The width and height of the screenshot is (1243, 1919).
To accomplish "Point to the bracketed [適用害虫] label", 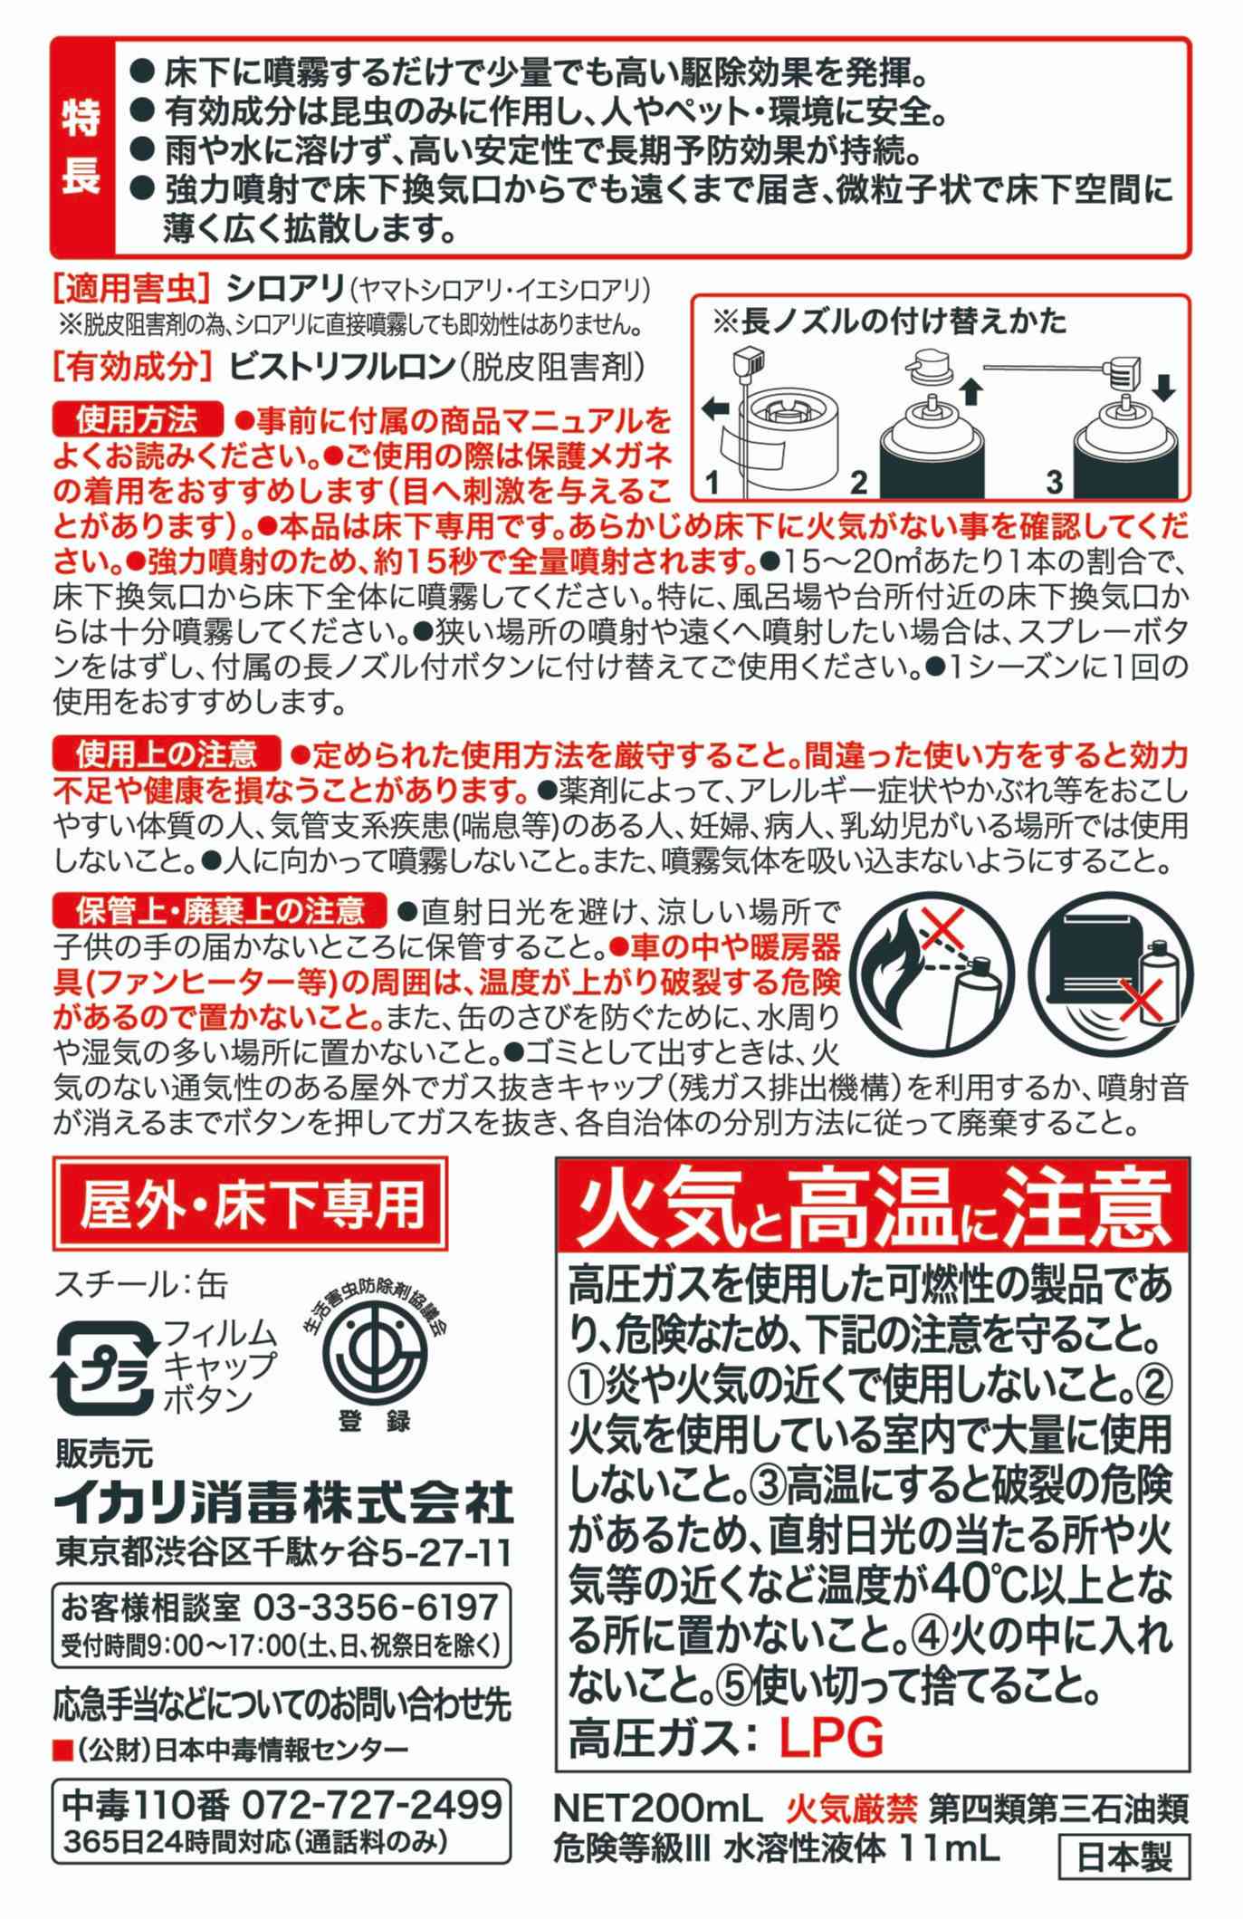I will coord(132,291).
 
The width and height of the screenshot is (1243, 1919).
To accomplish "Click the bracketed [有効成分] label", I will coord(132,367).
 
